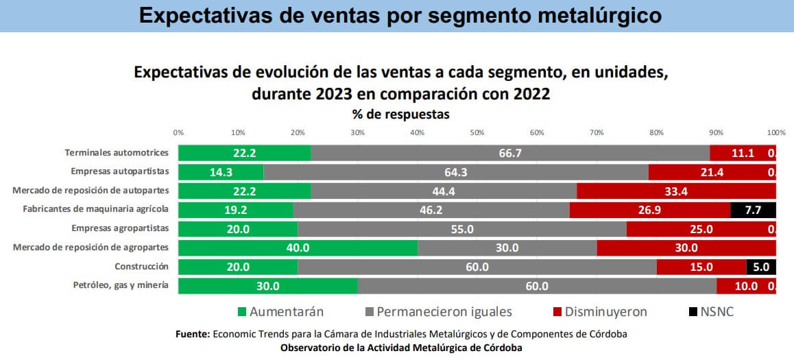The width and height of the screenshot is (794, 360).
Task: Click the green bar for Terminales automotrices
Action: click(244, 153)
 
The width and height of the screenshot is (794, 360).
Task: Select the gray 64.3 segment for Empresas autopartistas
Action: click(455, 172)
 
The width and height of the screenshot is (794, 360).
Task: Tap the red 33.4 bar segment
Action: click(676, 191)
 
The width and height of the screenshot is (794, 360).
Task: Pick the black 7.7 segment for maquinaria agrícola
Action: click(753, 210)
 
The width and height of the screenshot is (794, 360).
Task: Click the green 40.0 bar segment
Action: click(298, 248)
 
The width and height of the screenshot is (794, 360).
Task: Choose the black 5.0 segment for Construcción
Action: click(761, 267)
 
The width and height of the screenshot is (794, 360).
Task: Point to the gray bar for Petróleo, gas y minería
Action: click(537, 286)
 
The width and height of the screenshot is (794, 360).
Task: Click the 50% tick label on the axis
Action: click(477, 132)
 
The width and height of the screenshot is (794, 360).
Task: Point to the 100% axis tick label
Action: click(775, 132)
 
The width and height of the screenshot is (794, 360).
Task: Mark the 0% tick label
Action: click(178, 132)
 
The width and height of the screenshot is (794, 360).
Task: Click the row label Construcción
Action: click(143, 266)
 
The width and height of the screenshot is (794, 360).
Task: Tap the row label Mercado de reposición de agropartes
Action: click(91, 247)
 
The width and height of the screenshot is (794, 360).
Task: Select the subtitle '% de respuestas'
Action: click(401, 114)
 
